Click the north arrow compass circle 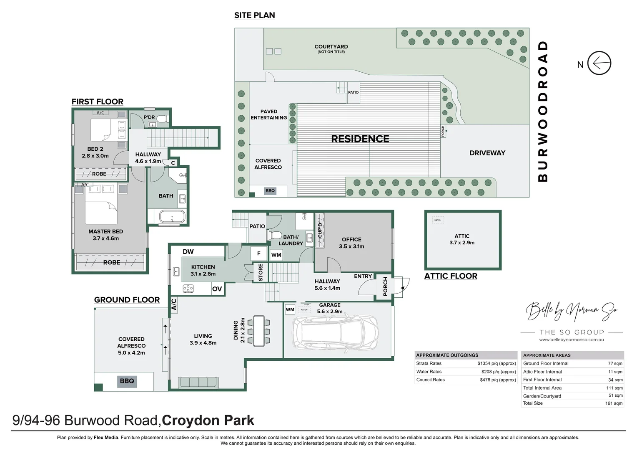[599, 63]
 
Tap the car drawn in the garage [335, 332]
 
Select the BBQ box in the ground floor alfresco [127, 381]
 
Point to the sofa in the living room [198, 383]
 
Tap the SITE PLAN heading [254, 15]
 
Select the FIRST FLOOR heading [97, 101]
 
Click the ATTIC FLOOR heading [451, 276]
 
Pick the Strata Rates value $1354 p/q [497, 363]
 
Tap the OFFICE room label [351, 239]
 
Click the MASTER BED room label [105, 231]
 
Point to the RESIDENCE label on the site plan [360, 139]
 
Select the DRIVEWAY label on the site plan [487, 153]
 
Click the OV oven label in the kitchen [217, 289]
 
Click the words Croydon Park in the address [208, 420]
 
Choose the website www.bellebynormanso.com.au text [571, 340]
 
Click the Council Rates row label [430, 380]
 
